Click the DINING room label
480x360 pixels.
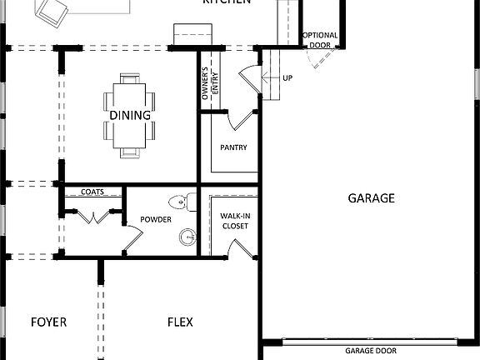pos(129,115)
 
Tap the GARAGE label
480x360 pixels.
pos(371,198)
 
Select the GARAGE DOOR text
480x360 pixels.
pos(371,351)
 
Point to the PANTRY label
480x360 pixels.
pos(233,147)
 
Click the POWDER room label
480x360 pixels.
pos(155,220)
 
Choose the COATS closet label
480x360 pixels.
pos(92,192)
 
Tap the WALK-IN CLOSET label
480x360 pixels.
pos(234,221)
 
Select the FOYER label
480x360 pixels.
pos(48,322)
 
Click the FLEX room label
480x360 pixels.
pos(181,322)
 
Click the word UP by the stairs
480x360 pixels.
pos(287,78)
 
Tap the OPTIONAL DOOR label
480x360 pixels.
pos(320,40)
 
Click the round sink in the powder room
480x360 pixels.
pos(187,238)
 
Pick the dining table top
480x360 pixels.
pos(130,115)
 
